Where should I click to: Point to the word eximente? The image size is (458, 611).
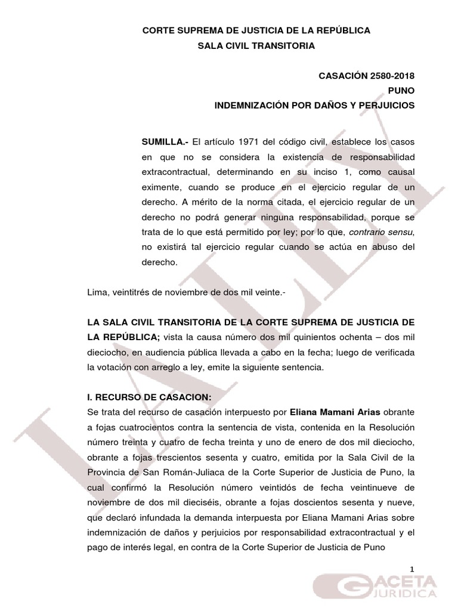[x=159, y=186]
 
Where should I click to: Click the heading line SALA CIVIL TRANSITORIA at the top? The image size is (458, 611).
[x=256, y=45]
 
